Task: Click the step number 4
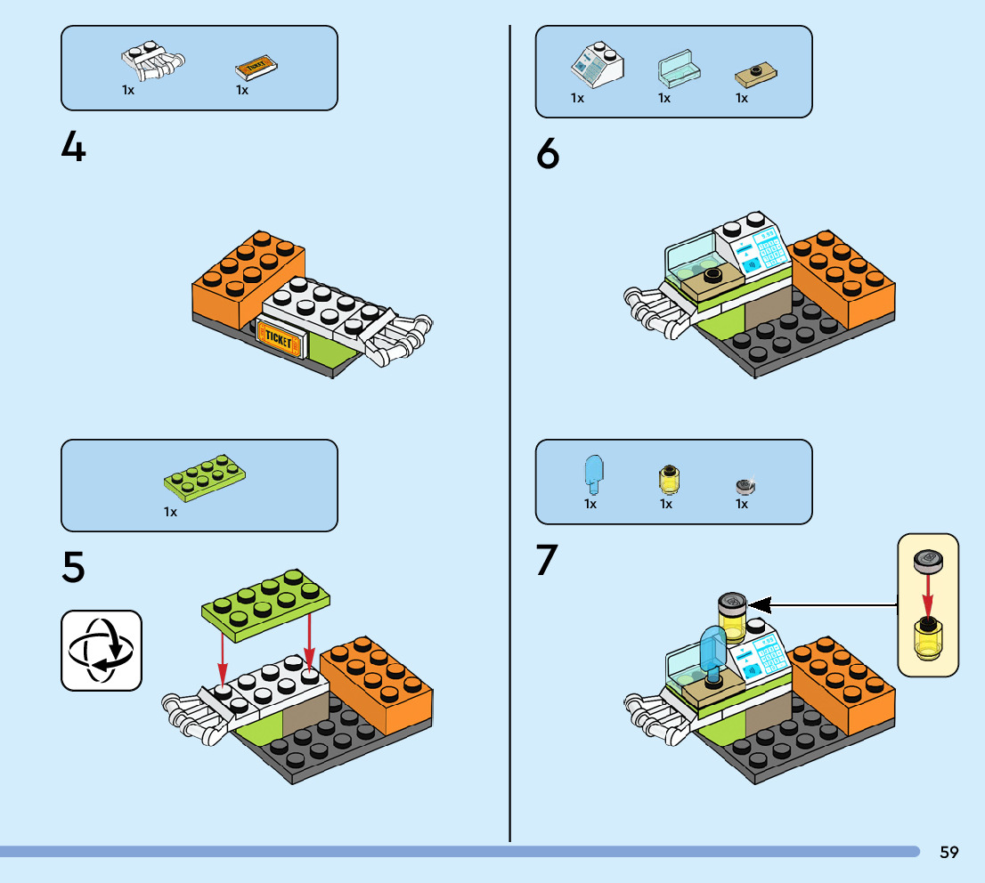tap(74, 147)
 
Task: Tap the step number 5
tap(74, 567)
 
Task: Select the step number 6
tap(549, 156)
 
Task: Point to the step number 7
tap(548, 560)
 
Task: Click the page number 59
tap(948, 852)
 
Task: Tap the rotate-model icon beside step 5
tap(101, 651)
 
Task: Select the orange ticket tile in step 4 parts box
tap(257, 68)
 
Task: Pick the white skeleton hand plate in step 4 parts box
tap(154, 61)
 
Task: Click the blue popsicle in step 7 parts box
tap(592, 473)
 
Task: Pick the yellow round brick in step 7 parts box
tap(666, 478)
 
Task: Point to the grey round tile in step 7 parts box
tap(745, 485)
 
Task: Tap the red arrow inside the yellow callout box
tap(927, 590)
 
